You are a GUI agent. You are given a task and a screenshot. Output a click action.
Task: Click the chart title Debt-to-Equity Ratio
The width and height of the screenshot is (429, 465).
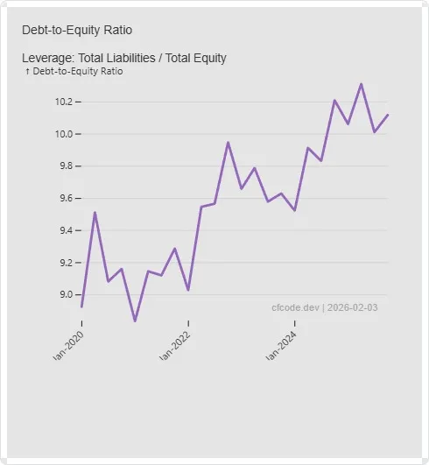[77, 30]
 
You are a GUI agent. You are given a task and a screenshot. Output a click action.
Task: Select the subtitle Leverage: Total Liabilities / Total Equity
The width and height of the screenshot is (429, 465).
[123, 58]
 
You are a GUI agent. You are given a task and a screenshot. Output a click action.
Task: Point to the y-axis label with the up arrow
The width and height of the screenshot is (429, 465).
[74, 71]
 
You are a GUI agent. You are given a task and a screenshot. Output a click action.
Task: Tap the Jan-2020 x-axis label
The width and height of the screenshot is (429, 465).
[69, 346]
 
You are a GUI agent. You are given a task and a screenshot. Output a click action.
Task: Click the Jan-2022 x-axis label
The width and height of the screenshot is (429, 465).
[175, 346]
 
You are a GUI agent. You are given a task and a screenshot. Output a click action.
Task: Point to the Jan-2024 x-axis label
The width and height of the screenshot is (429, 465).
[282, 346]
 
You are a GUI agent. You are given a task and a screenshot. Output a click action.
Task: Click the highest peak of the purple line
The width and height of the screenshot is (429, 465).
[362, 84]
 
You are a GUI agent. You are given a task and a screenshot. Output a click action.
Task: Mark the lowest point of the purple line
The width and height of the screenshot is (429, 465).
[135, 321]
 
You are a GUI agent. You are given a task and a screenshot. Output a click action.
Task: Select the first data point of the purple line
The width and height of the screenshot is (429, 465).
[81, 306]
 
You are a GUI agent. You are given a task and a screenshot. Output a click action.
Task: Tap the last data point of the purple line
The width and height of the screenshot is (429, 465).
[388, 115]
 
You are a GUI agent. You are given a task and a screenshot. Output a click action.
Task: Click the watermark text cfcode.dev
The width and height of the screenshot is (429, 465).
[296, 307]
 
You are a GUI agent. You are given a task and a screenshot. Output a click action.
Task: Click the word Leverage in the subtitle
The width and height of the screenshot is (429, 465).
[46, 58]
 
